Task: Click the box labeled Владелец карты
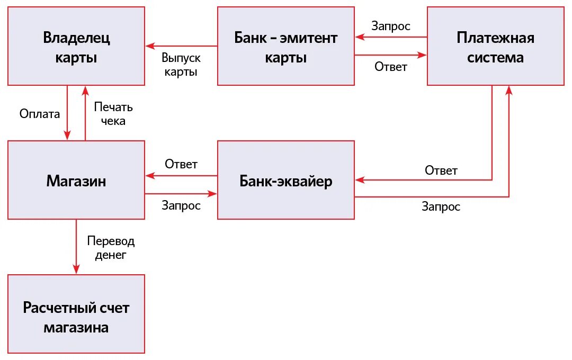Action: (x=76, y=46)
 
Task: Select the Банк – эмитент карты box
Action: (x=286, y=46)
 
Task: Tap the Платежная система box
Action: (x=495, y=46)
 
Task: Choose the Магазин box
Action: (x=76, y=181)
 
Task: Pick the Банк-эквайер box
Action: (x=286, y=181)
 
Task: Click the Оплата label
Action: (x=40, y=113)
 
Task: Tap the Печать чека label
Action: (x=113, y=113)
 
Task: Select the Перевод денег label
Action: (x=111, y=248)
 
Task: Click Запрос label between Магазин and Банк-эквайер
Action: (x=181, y=205)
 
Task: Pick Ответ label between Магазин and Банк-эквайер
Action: (x=181, y=164)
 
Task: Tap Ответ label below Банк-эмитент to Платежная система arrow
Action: (x=391, y=67)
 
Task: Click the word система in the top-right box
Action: (x=495, y=57)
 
